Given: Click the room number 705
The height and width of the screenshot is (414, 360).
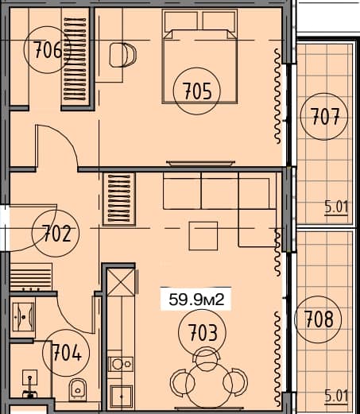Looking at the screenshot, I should [195, 91].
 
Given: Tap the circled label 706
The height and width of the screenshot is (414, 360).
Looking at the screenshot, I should [49, 51].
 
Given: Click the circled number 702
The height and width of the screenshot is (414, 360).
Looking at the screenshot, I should [56, 234].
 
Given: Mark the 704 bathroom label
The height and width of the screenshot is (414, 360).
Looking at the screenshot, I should [67, 350].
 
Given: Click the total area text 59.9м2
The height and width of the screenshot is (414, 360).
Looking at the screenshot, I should [195, 300].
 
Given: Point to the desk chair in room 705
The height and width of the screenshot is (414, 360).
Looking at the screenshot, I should [122, 56].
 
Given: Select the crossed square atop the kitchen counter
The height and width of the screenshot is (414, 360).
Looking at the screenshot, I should [122, 282].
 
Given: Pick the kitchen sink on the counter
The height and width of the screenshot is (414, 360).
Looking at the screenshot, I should [122, 364].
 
